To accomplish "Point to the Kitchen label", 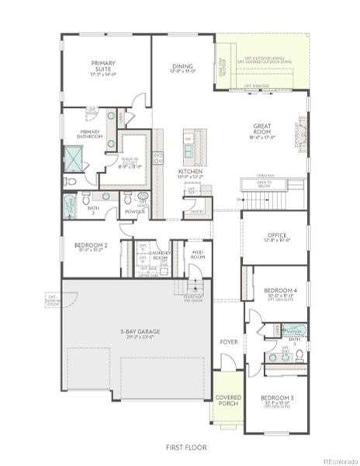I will (190, 172).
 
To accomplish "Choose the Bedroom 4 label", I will (276, 292).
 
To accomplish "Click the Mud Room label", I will (198, 254).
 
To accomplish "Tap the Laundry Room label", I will (161, 254).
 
